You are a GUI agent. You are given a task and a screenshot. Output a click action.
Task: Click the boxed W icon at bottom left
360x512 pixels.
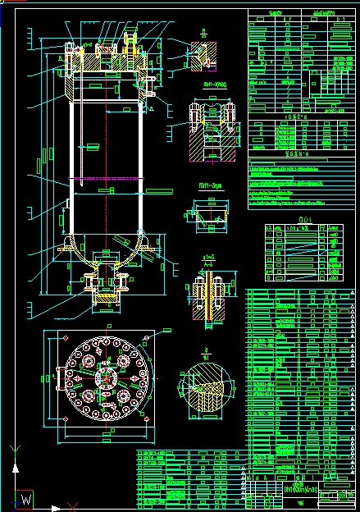(x=25, y=498)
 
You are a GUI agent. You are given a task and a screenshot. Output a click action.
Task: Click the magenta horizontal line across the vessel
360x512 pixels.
(x=107, y=178)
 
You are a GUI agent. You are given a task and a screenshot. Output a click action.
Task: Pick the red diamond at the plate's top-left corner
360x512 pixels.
(x=65, y=338)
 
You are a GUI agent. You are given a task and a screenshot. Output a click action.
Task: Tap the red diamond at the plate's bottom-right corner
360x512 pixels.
(x=147, y=419)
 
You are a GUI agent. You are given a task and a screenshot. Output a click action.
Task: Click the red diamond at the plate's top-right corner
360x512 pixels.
(x=147, y=338)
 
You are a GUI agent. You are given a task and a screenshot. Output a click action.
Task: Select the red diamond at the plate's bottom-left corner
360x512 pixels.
(x=65, y=419)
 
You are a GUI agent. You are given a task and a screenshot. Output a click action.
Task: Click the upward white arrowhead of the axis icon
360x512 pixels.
(x=13, y=450)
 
